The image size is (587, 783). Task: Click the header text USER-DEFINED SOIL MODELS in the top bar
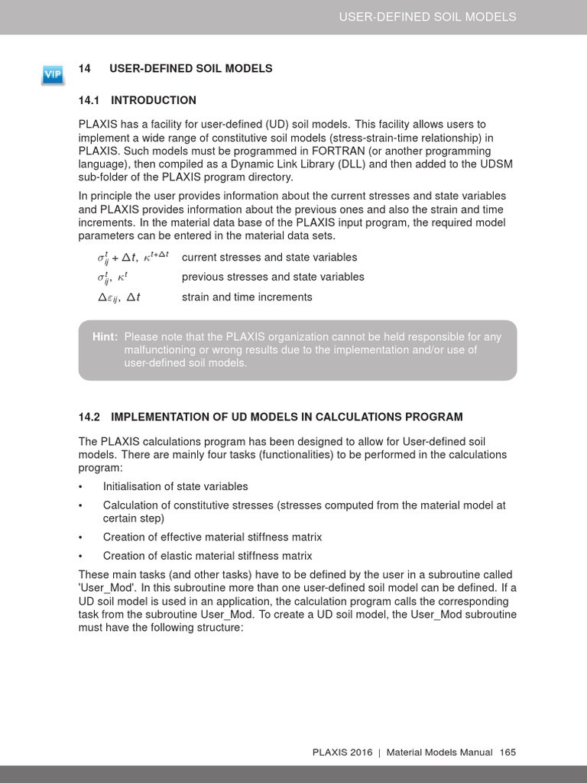point(427,17)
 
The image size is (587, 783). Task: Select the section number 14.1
point(89,100)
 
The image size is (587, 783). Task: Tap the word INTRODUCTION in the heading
point(154,100)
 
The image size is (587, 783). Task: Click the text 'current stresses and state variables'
point(269,257)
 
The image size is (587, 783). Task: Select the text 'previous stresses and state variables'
point(273,277)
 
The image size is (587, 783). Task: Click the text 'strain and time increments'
point(247,297)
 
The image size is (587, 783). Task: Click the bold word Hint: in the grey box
point(105,336)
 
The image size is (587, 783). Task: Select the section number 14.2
point(89,417)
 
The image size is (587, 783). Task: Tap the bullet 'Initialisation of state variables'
point(175,486)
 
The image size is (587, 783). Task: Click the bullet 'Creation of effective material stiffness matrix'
point(212,537)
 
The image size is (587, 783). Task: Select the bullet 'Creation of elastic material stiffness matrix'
point(207,556)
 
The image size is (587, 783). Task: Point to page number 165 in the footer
point(508,752)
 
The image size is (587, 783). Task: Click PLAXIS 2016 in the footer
point(342,752)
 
